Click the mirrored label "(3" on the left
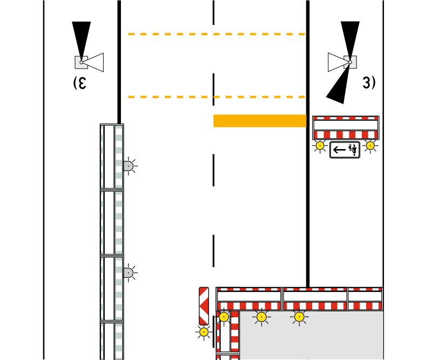79,83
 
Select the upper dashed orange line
216,34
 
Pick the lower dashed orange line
216,97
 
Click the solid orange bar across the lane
260,120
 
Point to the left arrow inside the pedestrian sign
340,149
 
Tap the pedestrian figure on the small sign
352,149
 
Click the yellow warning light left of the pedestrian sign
320,145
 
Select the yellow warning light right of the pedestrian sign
370,145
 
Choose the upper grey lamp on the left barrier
129,166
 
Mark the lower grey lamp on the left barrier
129,273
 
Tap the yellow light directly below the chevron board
204,331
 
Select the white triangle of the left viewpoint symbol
94,63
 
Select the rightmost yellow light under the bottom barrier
299,317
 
